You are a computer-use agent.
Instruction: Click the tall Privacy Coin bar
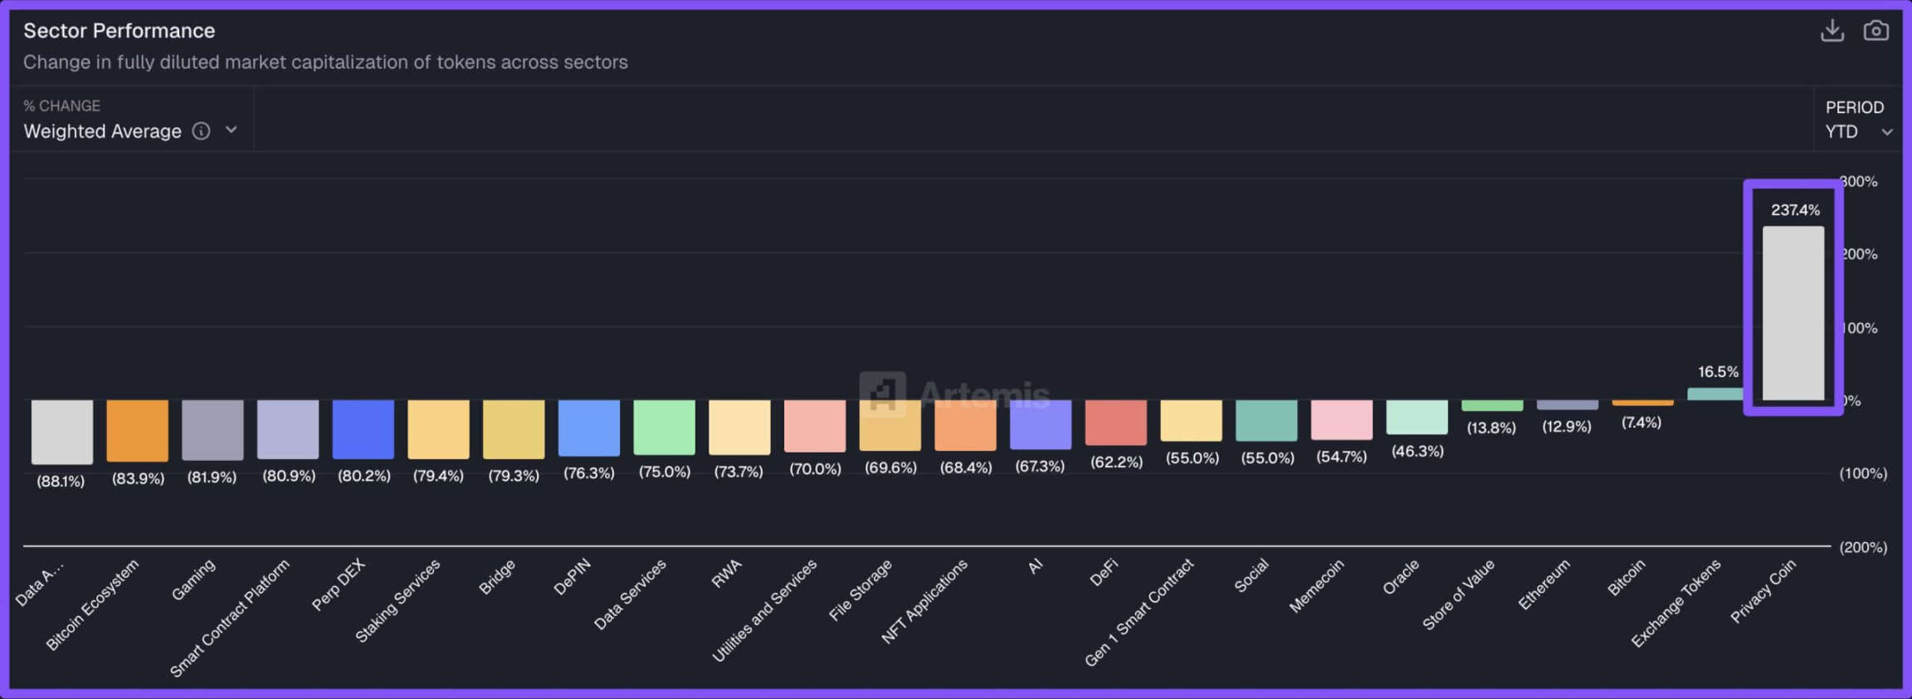click(1792, 313)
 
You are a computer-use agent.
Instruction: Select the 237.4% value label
click(1795, 210)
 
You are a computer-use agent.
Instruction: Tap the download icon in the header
click(1832, 31)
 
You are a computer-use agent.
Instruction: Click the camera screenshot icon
click(1875, 31)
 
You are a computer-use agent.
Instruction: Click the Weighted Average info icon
click(201, 131)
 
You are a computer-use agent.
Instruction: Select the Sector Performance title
click(119, 31)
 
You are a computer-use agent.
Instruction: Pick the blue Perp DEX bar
click(363, 428)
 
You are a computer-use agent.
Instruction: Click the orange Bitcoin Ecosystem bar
click(137, 430)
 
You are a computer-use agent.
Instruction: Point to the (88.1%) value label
click(61, 481)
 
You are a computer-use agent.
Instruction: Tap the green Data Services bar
click(664, 427)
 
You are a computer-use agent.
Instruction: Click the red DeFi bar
click(1115, 422)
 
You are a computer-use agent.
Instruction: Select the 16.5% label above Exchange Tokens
click(1718, 372)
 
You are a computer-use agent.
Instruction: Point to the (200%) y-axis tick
click(1862, 547)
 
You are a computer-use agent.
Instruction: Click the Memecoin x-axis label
click(1316, 586)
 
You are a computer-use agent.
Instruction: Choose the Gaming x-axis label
click(193, 579)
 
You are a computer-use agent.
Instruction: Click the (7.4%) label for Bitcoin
click(1641, 423)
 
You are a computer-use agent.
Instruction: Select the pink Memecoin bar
click(1341, 419)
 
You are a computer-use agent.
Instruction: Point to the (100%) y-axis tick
click(1862, 473)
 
